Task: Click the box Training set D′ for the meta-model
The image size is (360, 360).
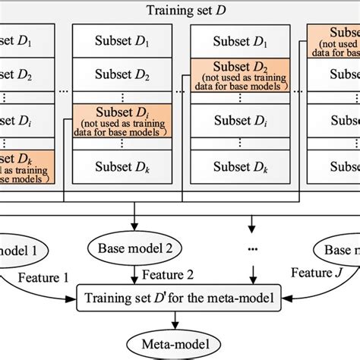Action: pos(179,297)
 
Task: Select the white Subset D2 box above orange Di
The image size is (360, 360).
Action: pos(115,75)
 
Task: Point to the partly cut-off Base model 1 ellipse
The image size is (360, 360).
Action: pos(19,248)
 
